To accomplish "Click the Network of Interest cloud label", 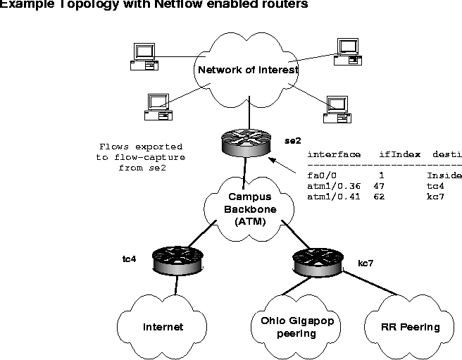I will pyautogui.click(x=248, y=70).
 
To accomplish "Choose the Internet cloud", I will pyautogui.click(x=163, y=326).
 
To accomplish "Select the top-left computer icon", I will pyautogui.click(x=143, y=56).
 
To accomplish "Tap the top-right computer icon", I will pyautogui.click(x=346, y=51).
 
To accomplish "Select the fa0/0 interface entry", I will pyautogui.click(x=321, y=175).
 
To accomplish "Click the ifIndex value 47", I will pyautogui.click(x=379, y=185).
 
